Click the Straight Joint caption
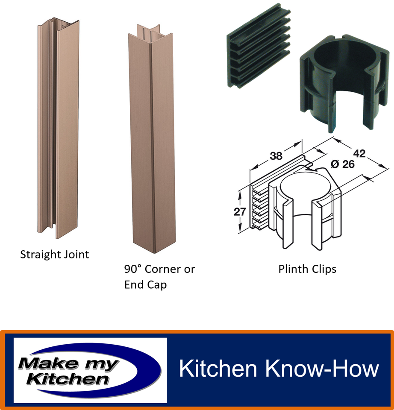coord(55,255)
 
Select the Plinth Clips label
coord(307,269)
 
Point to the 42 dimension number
coord(359,153)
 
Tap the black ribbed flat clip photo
coord(258,49)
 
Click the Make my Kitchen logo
coord(90,370)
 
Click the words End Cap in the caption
coord(145,284)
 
